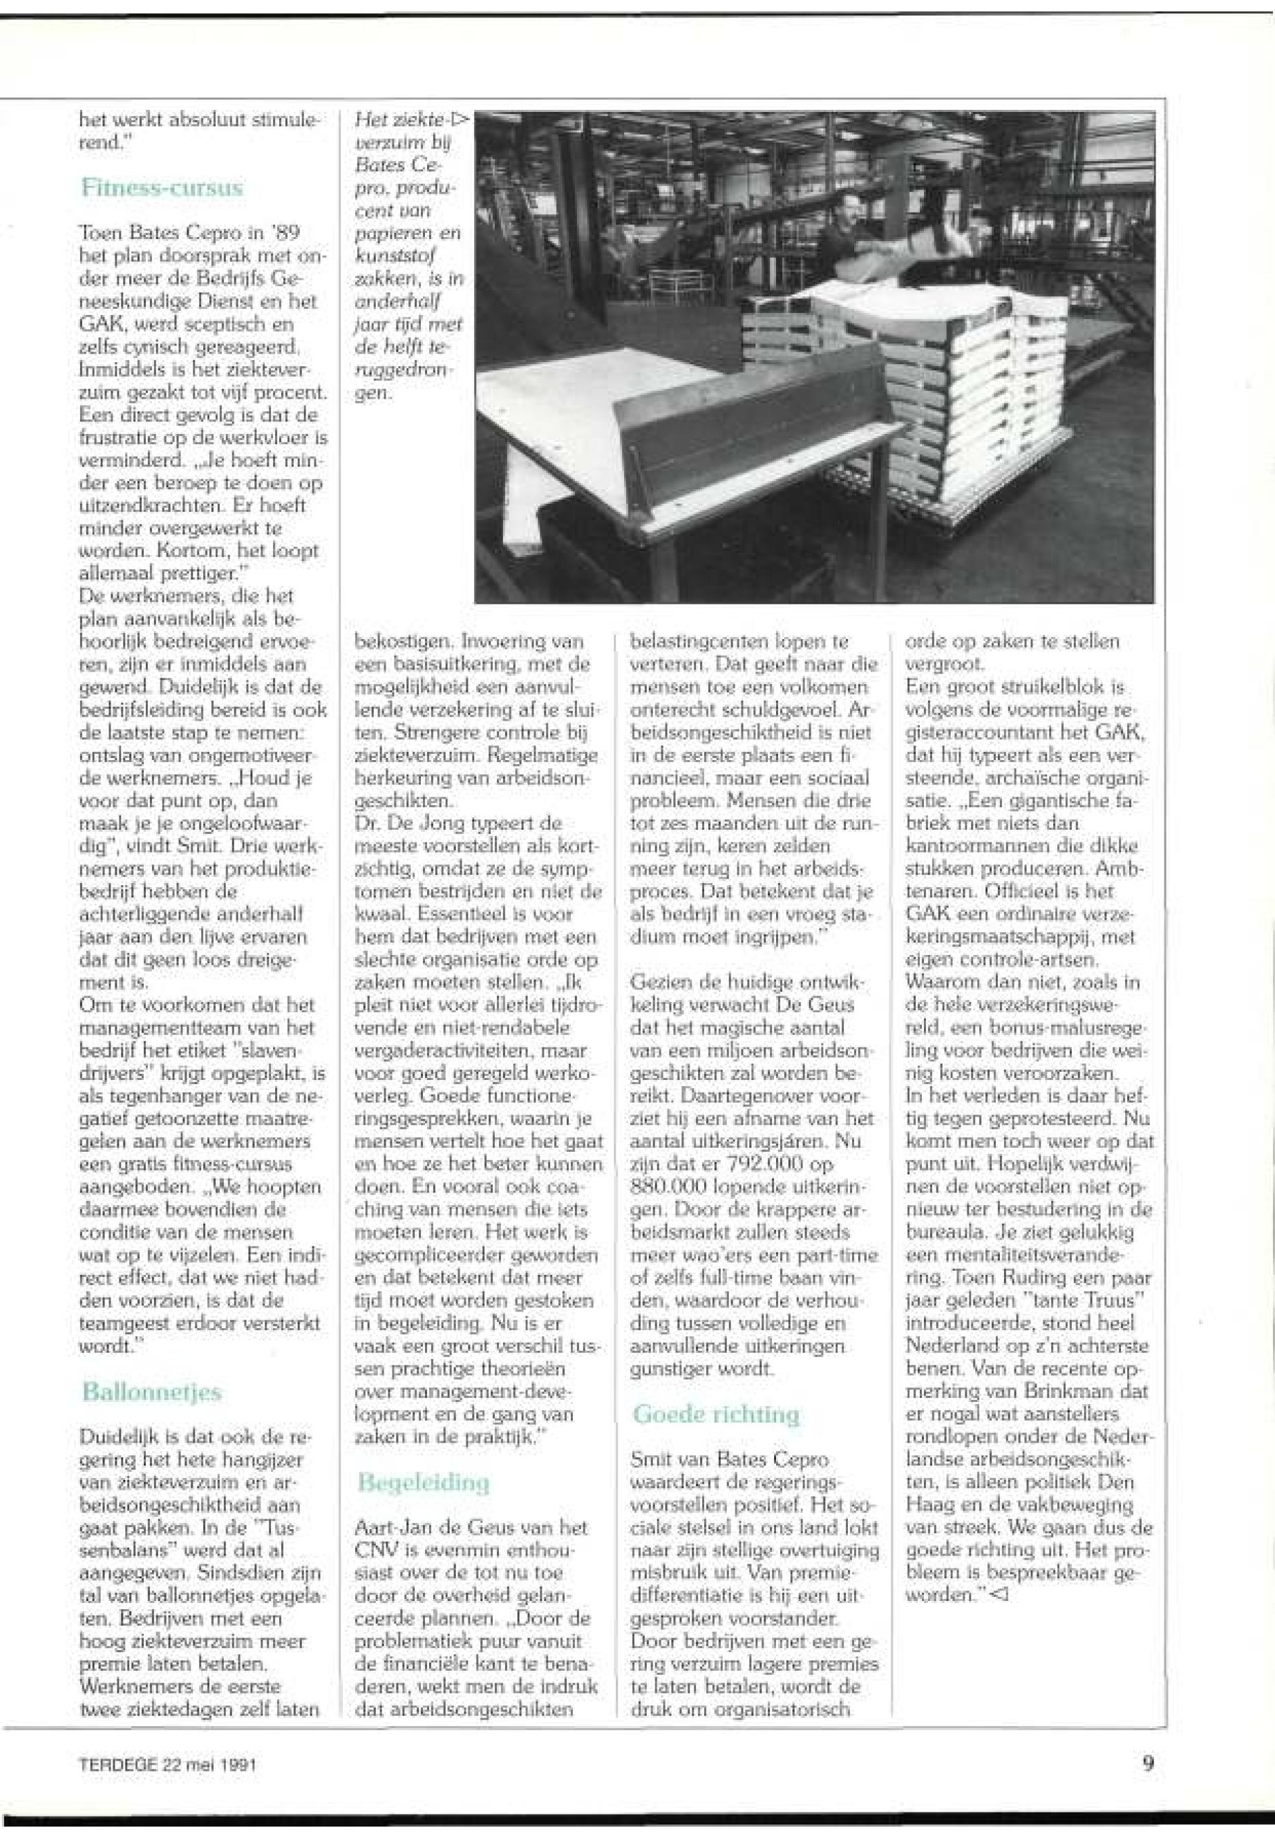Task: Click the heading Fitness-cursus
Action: tap(162, 189)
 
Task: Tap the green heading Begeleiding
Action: tap(424, 1483)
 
